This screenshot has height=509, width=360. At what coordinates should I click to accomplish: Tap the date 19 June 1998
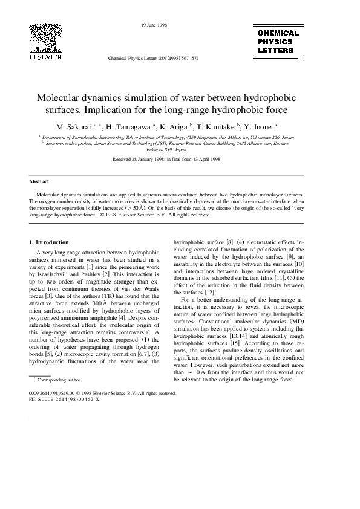[x=154, y=25]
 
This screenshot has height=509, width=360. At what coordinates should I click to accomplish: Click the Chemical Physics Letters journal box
[x=278, y=42]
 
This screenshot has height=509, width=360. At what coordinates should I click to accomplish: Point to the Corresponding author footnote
[x=59, y=380]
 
